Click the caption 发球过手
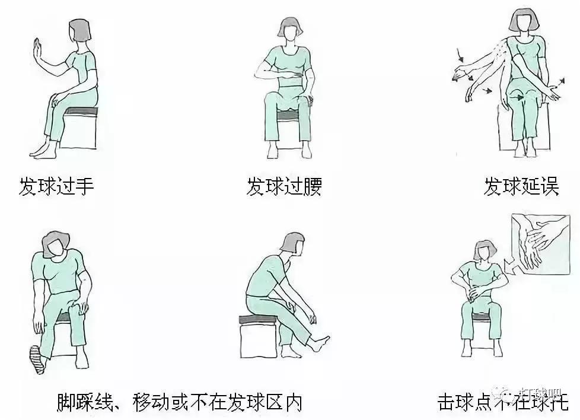pos(56,187)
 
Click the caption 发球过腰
pos(284,187)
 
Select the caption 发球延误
pos(521,187)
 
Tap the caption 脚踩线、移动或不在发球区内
pos(180,402)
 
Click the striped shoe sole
pos(37,359)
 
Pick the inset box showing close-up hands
pos(540,244)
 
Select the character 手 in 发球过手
pos(84,187)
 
